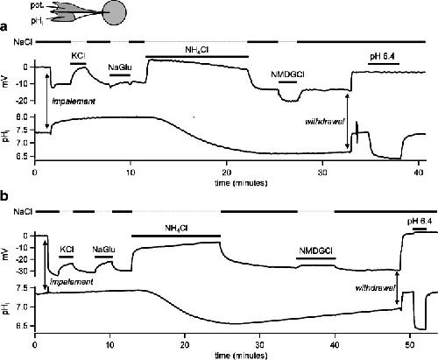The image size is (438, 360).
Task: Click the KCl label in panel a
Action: coord(79,55)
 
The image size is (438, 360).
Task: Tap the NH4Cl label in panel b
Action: coord(176,228)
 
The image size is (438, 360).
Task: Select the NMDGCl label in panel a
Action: coord(287,74)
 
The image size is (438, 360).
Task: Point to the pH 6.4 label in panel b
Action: coord(420,222)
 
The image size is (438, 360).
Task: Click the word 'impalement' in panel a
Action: coord(74,102)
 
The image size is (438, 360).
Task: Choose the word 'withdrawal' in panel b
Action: coord(375,288)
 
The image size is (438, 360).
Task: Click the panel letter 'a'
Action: coord(4,27)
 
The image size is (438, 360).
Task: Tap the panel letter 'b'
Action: coord(4,196)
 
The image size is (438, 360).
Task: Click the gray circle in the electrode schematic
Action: coord(114,12)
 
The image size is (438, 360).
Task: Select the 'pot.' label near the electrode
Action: coord(38,5)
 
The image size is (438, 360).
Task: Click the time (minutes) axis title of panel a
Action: coord(241,183)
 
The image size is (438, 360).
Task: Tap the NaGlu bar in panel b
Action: coord(103,257)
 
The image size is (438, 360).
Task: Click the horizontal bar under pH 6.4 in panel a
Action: coord(384,64)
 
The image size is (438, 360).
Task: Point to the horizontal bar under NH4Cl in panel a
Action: coord(197,56)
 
